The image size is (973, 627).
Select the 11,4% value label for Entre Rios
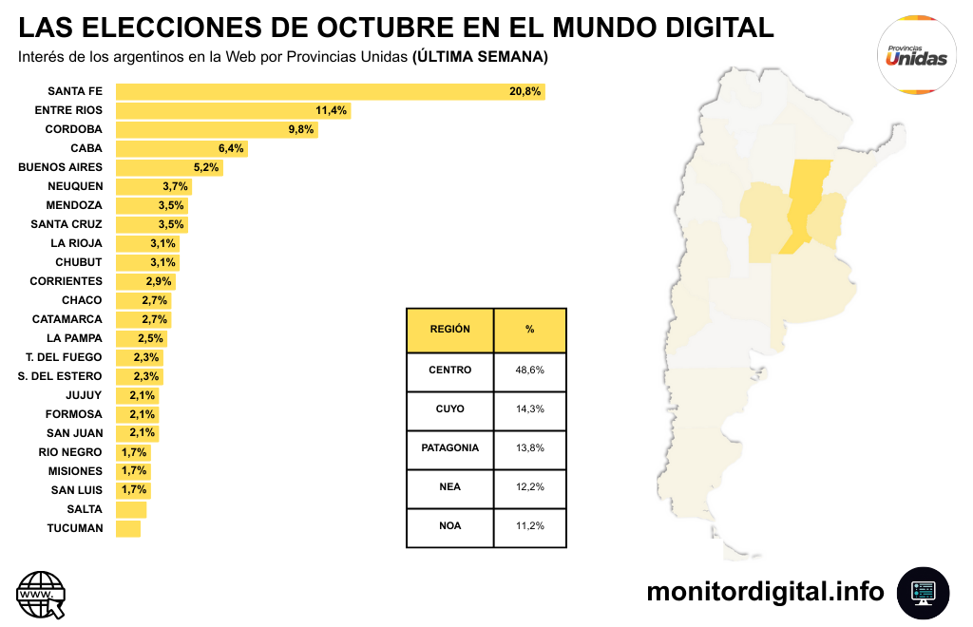coord(331,110)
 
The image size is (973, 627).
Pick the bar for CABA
coord(181,148)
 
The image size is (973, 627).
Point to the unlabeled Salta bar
coord(131,509)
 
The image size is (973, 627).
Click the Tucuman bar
coord(128,528)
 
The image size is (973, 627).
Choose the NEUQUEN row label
coord(75,186)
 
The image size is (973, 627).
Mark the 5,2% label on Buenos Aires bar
coord(205,167)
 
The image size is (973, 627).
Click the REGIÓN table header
coord(449,330)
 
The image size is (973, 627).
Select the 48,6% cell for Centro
coord(529,370)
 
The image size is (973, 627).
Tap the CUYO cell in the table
coord(449,408)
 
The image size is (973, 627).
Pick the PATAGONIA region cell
coord(449,447)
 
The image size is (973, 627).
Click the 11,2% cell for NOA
coord(529,525)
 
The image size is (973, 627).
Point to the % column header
coord(529,330)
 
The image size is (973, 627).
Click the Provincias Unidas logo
coord(916,55)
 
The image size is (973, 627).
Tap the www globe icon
coord(42,595)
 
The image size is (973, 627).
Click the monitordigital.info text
coord(765,592)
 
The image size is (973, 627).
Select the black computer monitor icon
coord(923,593)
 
